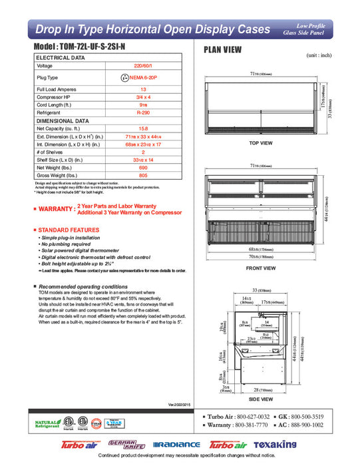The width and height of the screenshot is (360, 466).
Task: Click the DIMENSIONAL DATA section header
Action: tap(63, 121)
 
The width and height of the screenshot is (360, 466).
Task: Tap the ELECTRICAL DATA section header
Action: tap(61, 58)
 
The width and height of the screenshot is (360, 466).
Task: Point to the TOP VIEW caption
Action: tap(261, 143)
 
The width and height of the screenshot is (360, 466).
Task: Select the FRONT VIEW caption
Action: tap(261, 268)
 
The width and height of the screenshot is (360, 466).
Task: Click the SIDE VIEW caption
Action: tap(261, 399)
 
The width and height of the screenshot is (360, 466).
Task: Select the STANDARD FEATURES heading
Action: tap(65, 229)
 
